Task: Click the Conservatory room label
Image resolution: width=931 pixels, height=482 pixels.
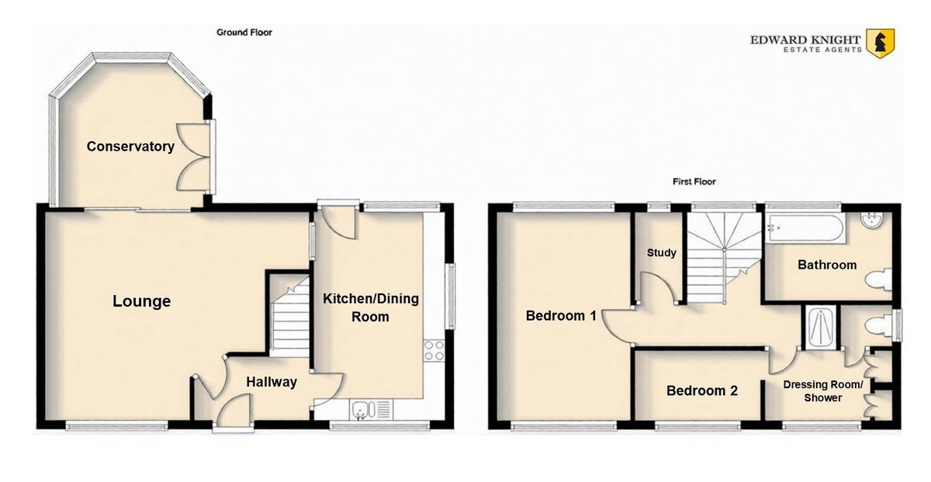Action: tap(130, 147)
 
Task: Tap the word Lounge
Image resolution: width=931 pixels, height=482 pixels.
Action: tap(142, 301)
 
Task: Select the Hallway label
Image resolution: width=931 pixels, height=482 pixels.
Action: tap(272, 382)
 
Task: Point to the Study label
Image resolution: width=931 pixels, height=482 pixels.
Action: tap(662, 253)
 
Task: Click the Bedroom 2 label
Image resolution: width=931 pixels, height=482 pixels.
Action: tap(702, 390)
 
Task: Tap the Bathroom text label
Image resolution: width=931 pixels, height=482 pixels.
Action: tap(827, 265)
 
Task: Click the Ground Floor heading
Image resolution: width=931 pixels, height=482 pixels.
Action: tap(244, 33)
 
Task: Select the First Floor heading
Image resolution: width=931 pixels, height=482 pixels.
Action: tap(694, 182)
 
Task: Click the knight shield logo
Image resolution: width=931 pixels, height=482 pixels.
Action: tap(881, 43)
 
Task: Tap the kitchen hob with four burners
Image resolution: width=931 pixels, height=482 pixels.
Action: tap(434, 351)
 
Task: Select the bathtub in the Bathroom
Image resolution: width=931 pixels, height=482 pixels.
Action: tap(805, 227)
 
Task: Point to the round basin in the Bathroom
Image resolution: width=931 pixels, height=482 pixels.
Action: tap(871, 220)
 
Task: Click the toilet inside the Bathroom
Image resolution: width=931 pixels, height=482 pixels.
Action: tap(879, 279)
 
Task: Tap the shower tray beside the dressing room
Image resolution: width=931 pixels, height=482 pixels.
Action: tap(821, 328)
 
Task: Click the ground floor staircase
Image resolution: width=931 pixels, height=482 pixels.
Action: tap(289, 317)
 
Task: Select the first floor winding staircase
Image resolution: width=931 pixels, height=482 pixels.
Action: tap(724, 258)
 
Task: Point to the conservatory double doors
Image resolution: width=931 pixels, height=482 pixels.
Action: tap(194, 158)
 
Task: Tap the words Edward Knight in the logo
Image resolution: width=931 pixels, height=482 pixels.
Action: tap(805, 40)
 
